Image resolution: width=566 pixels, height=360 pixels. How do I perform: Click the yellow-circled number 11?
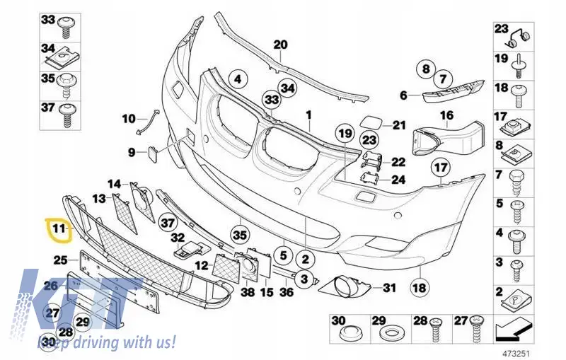point(59,228)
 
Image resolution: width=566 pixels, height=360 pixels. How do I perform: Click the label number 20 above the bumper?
point(280,45)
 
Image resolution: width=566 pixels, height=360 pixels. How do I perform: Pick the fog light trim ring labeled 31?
point(345,286)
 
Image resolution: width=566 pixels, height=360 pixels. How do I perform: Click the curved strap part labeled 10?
point(148,122)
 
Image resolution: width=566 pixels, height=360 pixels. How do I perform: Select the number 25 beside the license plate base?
point(61,260)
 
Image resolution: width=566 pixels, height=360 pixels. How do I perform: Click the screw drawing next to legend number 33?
point(68,27)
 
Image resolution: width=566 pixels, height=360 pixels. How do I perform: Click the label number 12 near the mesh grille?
point(202,266)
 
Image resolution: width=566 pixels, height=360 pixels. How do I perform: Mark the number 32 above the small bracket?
point(178,238)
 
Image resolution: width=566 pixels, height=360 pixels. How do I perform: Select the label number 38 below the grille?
point(248,291)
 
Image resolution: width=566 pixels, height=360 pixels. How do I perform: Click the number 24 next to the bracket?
point(398,179)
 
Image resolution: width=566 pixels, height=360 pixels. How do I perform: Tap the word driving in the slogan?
point(96,341)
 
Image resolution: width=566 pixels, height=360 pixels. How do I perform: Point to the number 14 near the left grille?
point(115,184)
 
